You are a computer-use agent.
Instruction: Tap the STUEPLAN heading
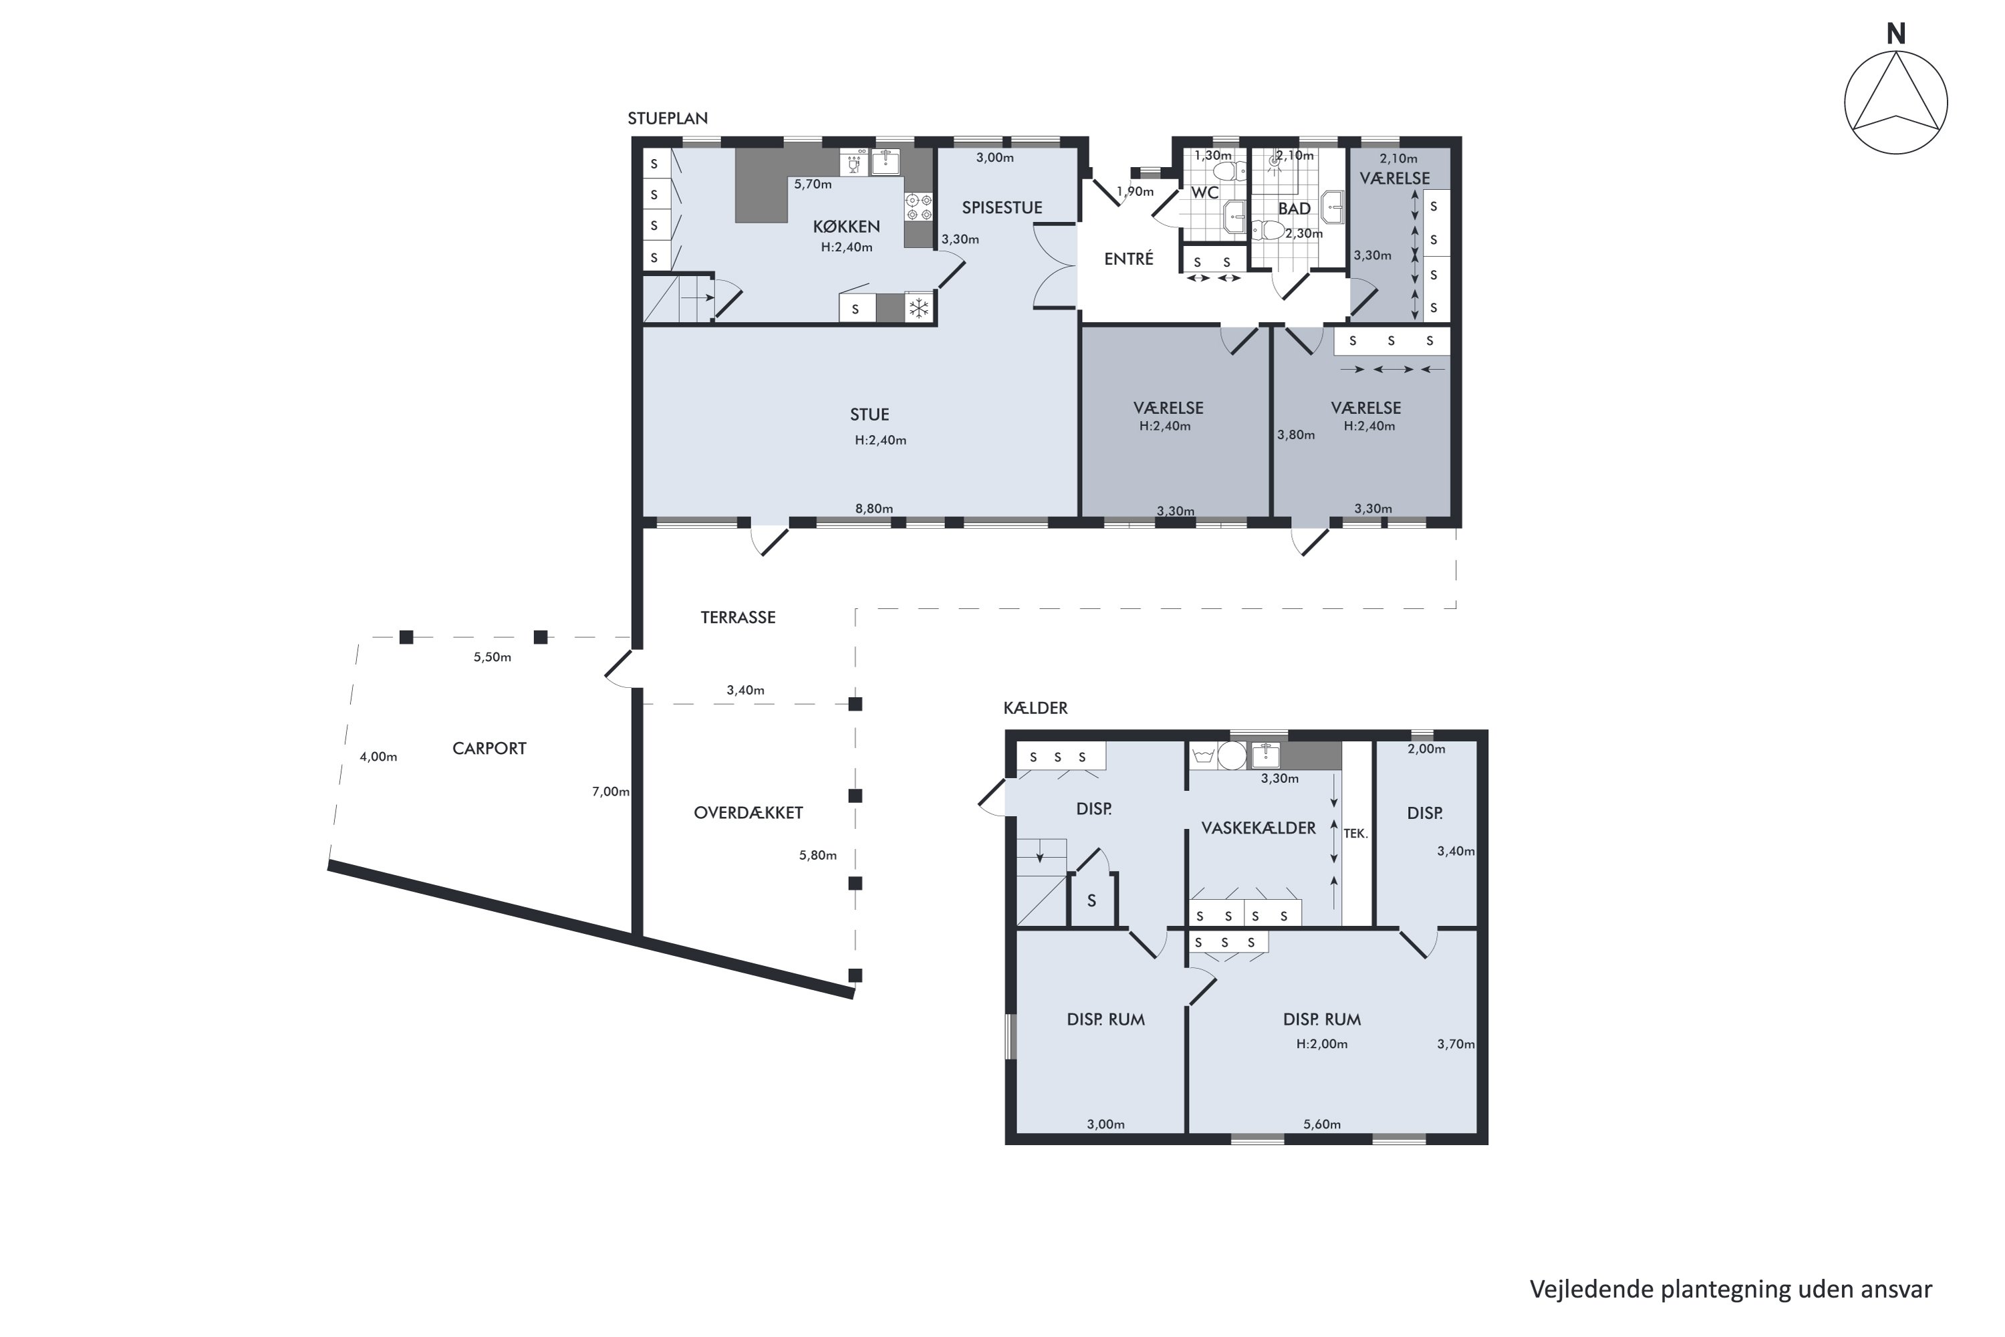(668, 118)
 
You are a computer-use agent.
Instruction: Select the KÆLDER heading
(1035, 708)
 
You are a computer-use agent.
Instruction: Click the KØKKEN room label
(845, 226)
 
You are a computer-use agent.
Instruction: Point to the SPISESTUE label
(1002, 207)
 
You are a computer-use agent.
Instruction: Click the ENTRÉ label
(1129, 258)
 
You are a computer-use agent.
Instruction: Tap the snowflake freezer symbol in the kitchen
(918, 308)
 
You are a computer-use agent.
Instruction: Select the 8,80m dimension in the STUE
(874, 509)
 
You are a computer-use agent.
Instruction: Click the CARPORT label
(489, 749)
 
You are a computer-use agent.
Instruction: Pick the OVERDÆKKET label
(749, 813)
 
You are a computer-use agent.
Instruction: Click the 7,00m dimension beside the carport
(610, 792)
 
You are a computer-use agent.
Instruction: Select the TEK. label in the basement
(1355, 833)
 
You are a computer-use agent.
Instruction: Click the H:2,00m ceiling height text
(1321, 1044)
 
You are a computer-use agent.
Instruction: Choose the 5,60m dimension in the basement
(1321, 1124)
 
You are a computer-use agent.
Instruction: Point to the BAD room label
(1294, 209)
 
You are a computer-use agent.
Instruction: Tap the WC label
(1204, 193)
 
